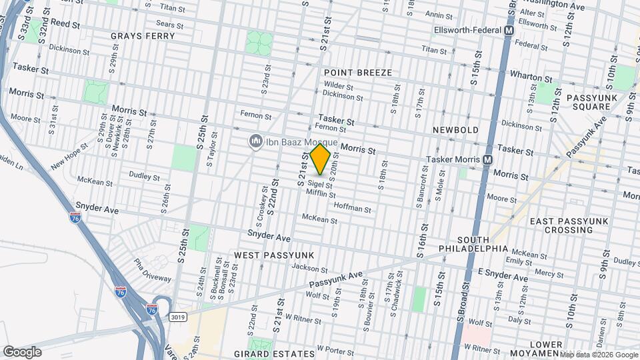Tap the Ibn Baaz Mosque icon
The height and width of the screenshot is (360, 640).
(255, 141)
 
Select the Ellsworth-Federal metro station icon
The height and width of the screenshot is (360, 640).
(509, 31)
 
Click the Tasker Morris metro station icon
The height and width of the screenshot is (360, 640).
(488, 159)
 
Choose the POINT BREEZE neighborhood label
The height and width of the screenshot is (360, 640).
(357, 72)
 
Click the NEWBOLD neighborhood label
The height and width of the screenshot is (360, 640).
(456, 129)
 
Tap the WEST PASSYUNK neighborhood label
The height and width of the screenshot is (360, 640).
(273, 255)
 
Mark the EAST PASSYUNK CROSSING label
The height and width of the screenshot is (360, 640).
(561, 225)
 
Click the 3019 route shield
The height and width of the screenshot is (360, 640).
(178, 317)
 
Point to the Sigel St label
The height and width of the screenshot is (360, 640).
(315, 183)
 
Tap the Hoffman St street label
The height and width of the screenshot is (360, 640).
(352, 208)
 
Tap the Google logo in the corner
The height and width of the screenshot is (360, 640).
(22, 351)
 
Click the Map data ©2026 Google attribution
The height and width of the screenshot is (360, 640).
(599, 355)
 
